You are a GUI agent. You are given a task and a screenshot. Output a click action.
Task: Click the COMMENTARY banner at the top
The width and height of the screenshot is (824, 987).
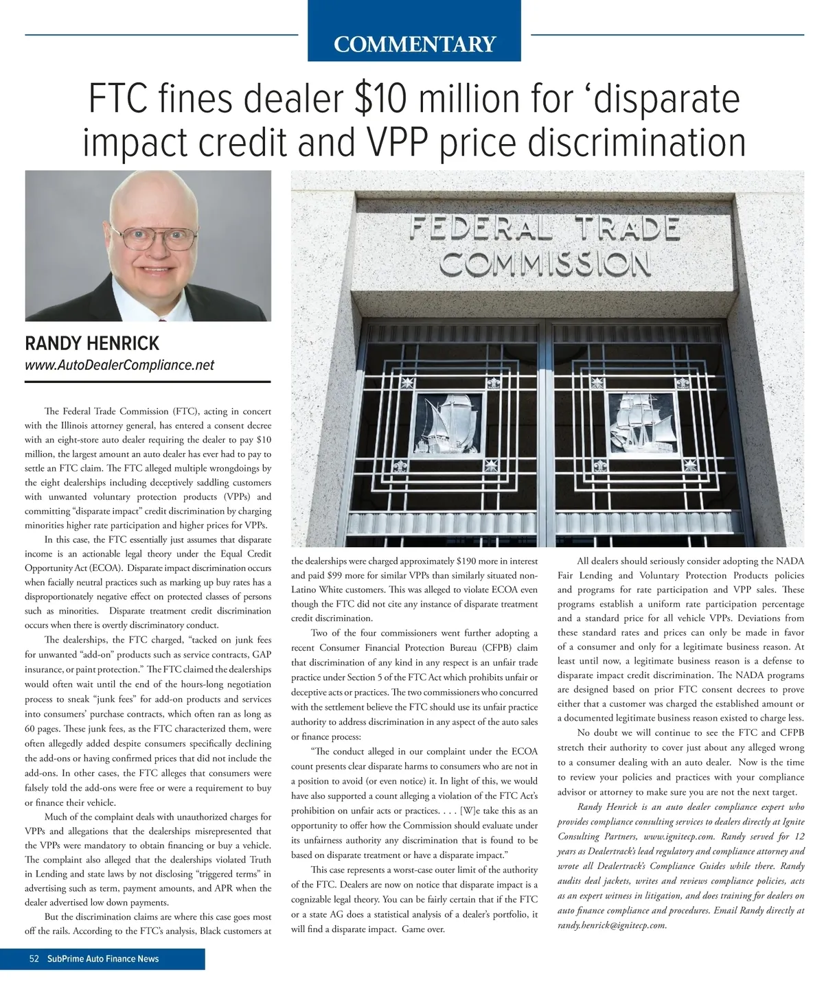point(414,45)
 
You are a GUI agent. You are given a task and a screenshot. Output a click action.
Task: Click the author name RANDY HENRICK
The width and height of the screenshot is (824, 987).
point(92,343)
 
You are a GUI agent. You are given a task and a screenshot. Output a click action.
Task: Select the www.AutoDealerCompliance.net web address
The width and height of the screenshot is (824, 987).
point(119,366)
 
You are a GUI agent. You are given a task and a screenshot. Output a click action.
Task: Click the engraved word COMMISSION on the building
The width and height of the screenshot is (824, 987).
point(545,263)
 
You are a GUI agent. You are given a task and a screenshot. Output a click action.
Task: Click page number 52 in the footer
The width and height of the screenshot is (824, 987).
point(34,959)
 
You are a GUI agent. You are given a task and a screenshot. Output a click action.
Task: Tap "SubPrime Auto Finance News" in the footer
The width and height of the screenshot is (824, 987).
point(103,959)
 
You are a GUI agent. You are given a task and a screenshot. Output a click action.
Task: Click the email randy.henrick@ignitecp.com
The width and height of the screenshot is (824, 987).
point(612,925)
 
